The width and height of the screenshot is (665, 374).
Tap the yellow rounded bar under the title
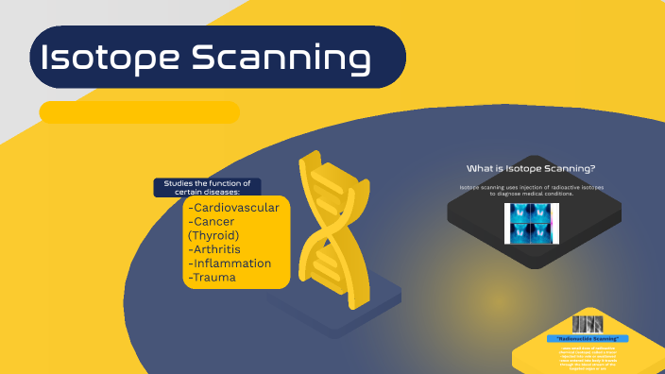139,112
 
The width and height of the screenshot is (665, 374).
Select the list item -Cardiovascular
233,208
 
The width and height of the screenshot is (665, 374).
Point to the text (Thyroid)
213,235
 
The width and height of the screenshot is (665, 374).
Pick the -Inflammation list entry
230,263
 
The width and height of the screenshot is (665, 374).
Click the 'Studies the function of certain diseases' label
207,187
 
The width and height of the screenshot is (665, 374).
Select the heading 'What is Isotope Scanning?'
531,168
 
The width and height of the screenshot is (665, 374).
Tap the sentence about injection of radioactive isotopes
532,191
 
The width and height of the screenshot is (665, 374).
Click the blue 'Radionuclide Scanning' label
588,338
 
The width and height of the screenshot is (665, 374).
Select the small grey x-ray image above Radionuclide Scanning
588,322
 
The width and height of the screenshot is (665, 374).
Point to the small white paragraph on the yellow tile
588,357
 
